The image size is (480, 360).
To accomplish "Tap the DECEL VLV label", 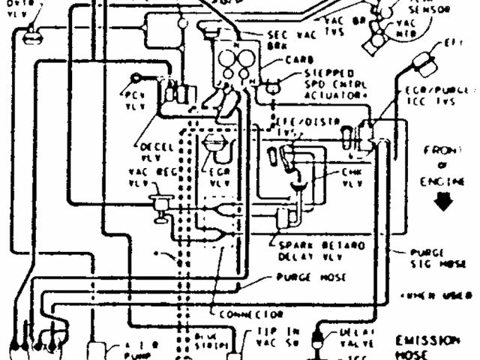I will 154,150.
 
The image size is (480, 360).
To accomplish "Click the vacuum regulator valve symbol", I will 159,205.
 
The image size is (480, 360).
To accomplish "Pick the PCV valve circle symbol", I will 136,76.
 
